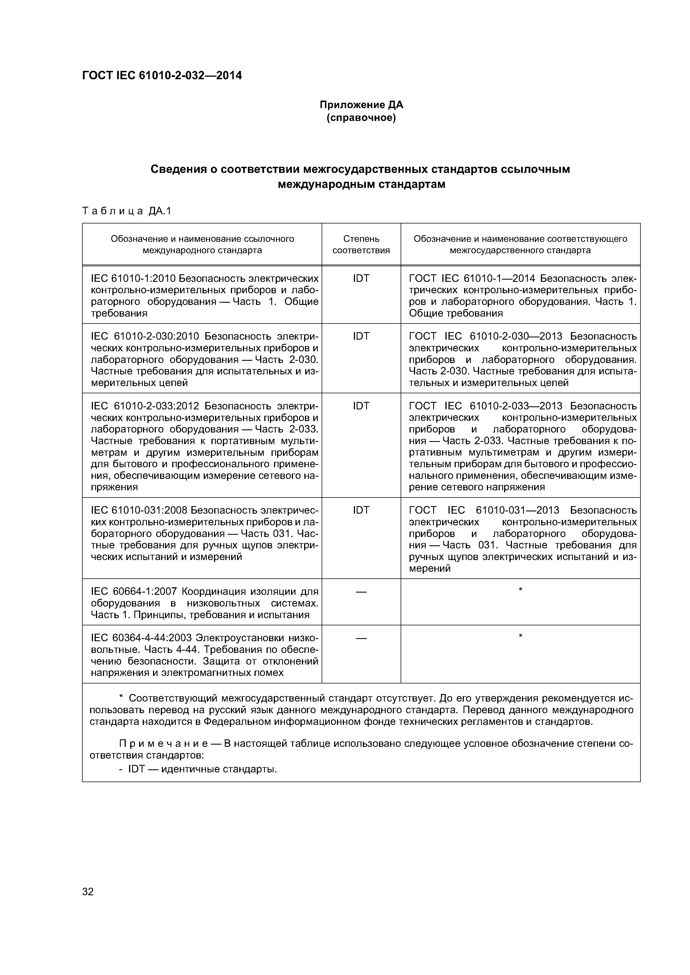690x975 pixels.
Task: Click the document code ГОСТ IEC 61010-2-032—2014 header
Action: (162, 76)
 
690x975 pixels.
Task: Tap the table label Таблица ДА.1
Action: (126, 211)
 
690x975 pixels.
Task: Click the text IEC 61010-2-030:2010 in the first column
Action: (145, 336)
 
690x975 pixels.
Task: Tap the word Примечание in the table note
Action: (163, 743)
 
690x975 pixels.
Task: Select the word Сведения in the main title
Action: (178, 170)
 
